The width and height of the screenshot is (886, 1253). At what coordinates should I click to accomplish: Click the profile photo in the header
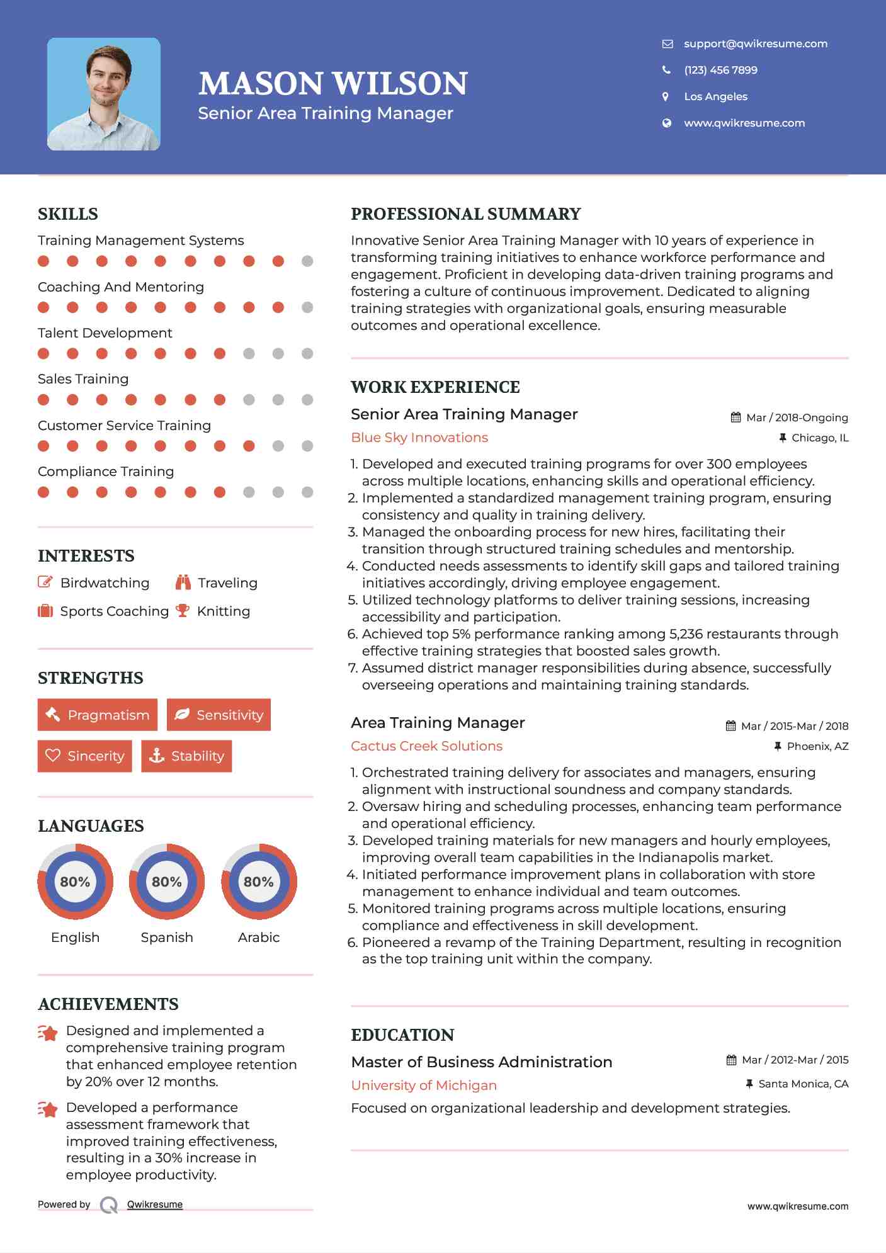(x=104, y=94)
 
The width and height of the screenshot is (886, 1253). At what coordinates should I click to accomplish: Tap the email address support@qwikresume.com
(x=755, y=43)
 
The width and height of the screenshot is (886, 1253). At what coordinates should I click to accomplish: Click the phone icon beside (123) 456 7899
(x=666, y=70)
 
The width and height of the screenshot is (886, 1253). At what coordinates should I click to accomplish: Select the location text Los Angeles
(x=715, y=96)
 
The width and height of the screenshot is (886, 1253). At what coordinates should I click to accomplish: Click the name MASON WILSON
(x=333, y=84)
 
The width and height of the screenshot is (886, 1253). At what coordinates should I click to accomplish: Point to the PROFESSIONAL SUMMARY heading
(x=465, y=214)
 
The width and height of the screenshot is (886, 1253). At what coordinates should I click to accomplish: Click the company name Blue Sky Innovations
(x=419, y=438)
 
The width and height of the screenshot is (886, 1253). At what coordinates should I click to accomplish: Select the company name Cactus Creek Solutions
(x=426, y=746)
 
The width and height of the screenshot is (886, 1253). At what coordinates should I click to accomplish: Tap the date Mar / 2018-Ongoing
(x=797, y=417)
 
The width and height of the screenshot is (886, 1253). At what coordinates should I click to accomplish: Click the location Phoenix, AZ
(x=817, y=746)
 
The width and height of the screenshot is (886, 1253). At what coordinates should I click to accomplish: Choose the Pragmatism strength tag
(x=98, y=715)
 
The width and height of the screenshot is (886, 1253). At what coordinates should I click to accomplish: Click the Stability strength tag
(x=186, y=756)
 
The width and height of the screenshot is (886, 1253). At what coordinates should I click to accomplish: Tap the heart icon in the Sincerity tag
(x=53, y=756)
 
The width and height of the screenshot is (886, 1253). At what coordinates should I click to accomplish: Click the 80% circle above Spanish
(x=167, y=882)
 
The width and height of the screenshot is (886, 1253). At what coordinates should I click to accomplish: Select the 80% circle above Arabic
(x=259, y=882)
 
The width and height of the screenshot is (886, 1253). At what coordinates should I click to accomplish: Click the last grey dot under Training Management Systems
(x=307, y=261)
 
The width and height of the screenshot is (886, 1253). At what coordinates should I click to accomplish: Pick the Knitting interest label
(x=223, y=611)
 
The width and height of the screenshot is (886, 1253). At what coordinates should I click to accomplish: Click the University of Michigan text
(x=424, y=1086)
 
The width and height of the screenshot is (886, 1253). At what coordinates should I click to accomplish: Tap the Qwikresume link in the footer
(x=155, y=1205)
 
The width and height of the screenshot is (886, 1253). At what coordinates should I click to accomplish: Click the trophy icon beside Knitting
(x=183, y=610)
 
